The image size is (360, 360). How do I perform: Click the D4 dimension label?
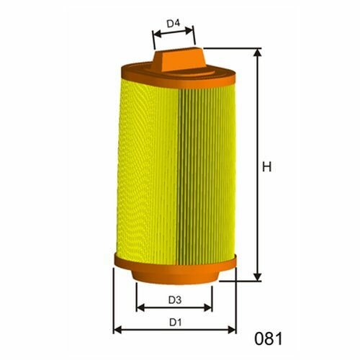pos(174,24)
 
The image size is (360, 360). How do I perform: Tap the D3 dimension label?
pos(175,300)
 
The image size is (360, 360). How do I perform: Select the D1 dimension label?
pos(175,323)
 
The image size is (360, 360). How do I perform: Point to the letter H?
pos(266,167)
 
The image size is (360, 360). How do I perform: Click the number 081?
pos(269,338)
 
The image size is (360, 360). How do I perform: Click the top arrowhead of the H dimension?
pos(258,53)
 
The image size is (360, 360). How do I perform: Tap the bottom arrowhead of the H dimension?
pos(258,276)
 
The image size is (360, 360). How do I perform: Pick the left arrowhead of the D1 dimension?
pos(117,330)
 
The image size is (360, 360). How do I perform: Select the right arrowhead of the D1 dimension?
pos(232,330)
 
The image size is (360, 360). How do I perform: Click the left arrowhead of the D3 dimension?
pos(140,307)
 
